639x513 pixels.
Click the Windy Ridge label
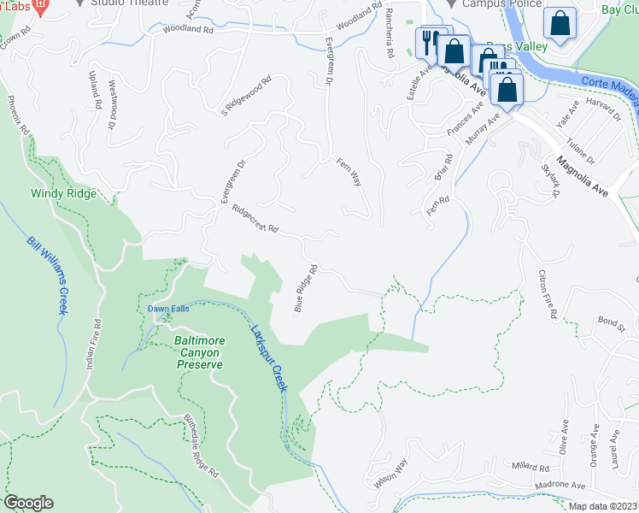coord(64,194)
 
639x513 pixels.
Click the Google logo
coord(28,503)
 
